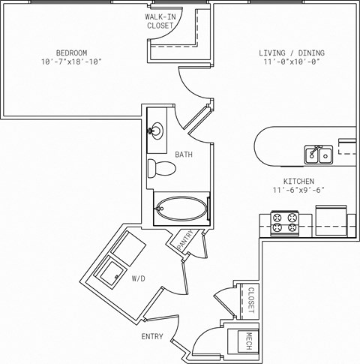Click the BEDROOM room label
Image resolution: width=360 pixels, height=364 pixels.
tap(71, 53)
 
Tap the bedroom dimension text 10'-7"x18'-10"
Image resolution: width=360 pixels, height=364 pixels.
tap(71, 62)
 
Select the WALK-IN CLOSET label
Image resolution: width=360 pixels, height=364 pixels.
tap(160, 21)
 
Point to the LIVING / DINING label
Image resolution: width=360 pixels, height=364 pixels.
tap(292, 53)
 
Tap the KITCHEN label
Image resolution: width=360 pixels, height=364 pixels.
tap(298, 182)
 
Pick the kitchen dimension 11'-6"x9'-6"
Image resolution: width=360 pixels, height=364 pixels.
tap(298, 191)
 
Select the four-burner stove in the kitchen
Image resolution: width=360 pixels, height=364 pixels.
tap(284, 222)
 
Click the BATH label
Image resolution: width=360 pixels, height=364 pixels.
tap(184, 155)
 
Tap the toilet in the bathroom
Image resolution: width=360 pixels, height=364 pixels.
tap(160, 168)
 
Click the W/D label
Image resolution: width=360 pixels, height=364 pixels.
tap(138, 279)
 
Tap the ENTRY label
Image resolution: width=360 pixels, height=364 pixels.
tap(152, 337)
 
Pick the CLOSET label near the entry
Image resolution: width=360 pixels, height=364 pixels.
tap(251, 300)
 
